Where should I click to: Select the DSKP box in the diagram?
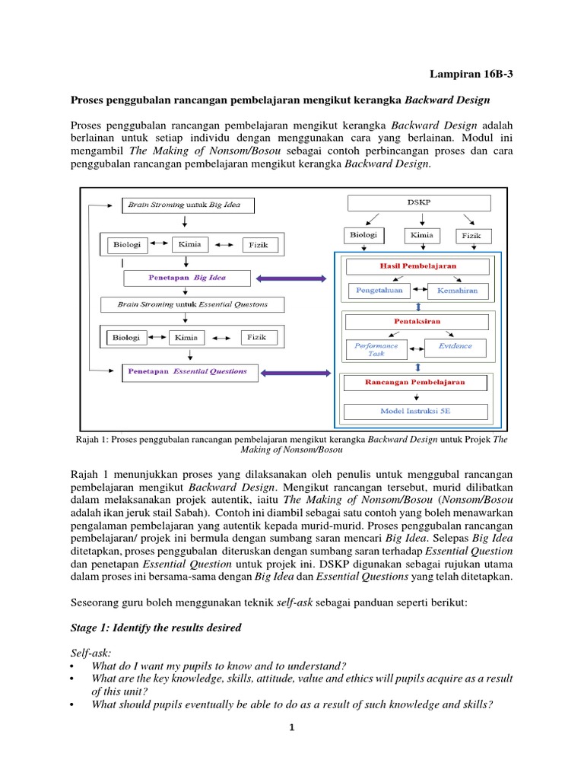[x=420, y=203]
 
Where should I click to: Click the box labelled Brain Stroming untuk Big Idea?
[x=187, y=205]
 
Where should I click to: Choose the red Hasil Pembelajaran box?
[x=417, y=266]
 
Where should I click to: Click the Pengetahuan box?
[x=379, y=291]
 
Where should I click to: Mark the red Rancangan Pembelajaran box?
[x=417, y=382]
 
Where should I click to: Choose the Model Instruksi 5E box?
[x=417, y=412]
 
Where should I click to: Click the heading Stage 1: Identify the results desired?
[x=156, y=628]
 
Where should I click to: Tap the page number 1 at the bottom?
[x=291, y=727]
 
